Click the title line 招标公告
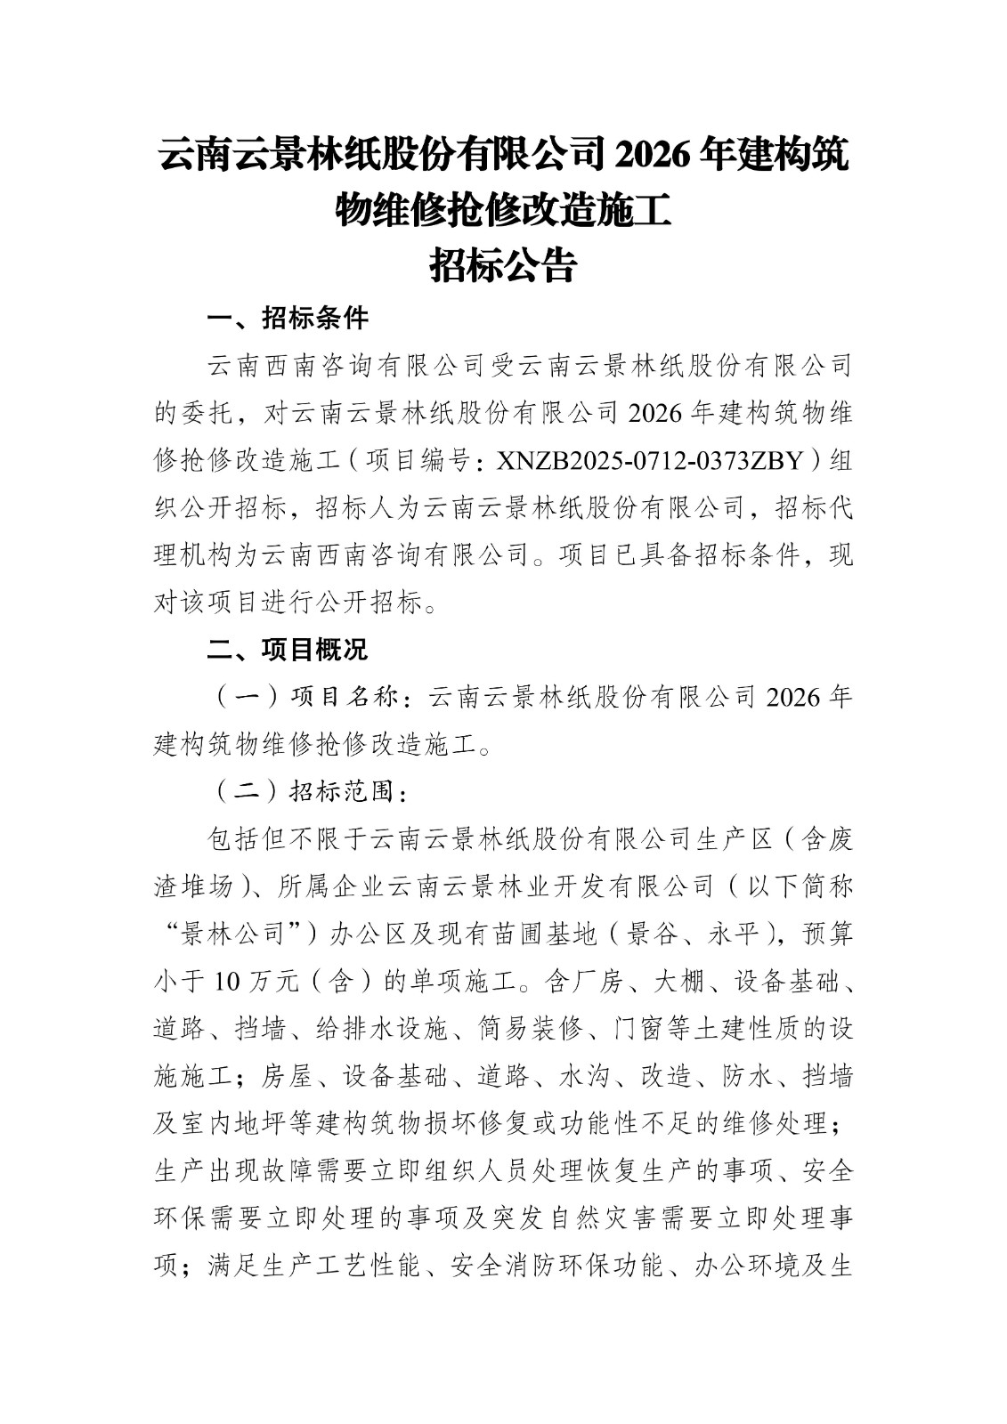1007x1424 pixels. (503, 265)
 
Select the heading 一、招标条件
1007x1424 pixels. (288, 318)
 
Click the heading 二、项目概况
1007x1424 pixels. (288, 650)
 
